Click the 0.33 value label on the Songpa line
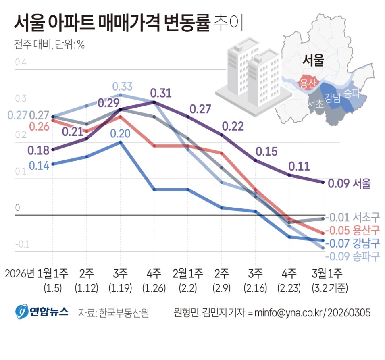click(122, 87)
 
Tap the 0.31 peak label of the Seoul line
click(161, 94)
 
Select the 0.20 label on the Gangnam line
click(121, 133)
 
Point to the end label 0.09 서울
click(349, 184)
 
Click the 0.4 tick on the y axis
click(20, 63)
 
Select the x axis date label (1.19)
click(120, 288)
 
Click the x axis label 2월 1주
click(187, 274)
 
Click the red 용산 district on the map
click(308, 83)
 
